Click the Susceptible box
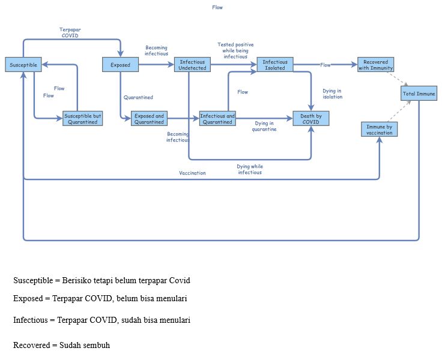coord(23,65)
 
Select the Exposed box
coord(120,65)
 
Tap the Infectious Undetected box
coord(193,65)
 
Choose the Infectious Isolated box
coord(275,65)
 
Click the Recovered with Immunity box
coord(375,65)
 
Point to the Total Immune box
coord(419,94)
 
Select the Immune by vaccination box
coord(379,129)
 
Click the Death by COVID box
coord(311,119)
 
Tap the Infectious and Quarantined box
coord(217,119)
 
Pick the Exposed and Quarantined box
coord(149,119)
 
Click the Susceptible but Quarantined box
coord(83,119)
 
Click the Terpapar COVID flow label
coord(70,32)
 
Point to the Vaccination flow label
coord(192,173)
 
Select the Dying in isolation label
coord(332,94)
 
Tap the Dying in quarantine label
coord(264,126)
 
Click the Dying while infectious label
coord(249,169)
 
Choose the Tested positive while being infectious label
coord(235,50)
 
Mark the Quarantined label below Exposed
coord(138,97)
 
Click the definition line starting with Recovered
coord(61,346)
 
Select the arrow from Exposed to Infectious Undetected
coord(156,65)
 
